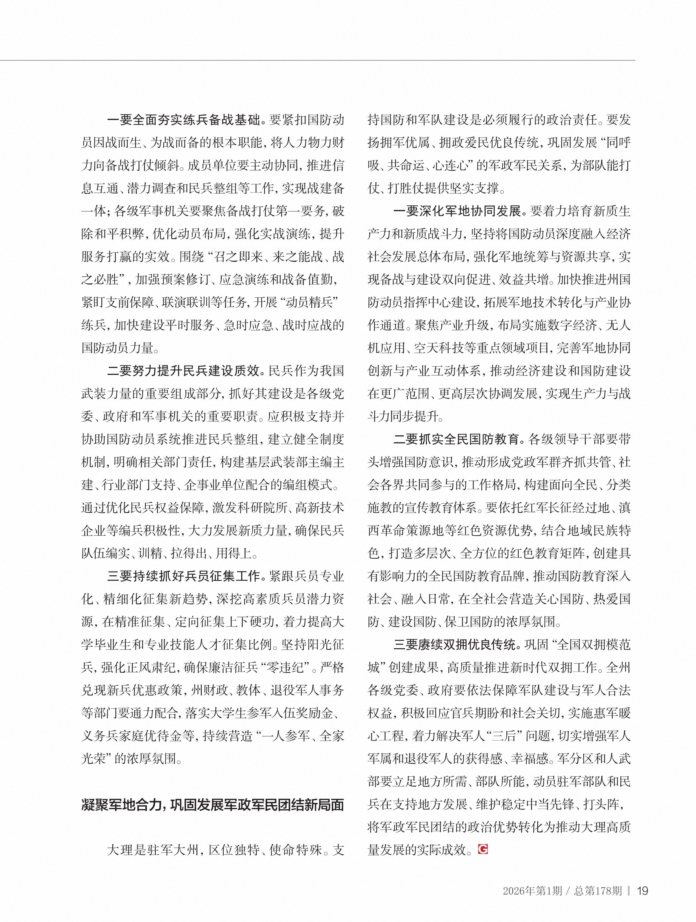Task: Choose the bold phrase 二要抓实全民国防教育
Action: point(457,439)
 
